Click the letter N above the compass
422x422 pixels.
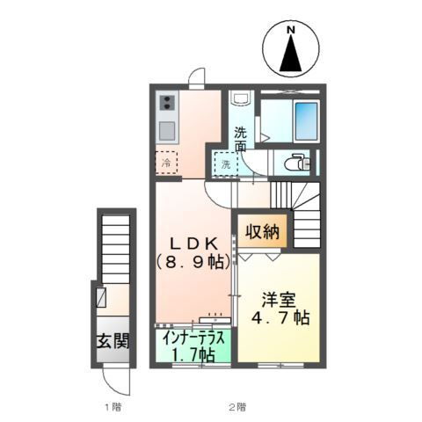click(290, 29)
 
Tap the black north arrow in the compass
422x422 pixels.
click(290, 54)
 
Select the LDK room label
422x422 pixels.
click(194, 244)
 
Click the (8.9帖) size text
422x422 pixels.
click(194, 262)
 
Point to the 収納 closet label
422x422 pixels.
click(262, 231)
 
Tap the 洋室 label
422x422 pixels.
click(279, 300)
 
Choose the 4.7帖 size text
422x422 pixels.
click(280, 317)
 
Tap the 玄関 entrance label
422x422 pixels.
click(113, 341)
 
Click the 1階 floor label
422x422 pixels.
click(113, 406)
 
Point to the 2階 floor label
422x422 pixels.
click(237, 406)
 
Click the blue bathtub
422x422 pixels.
click(306, 121)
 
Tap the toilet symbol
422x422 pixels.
click(296, 162)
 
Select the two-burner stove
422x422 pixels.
click(167, 103)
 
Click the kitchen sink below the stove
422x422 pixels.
click(167, 131)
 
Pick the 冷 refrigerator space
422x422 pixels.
click(166, 163)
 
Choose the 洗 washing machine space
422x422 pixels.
click(225, 164)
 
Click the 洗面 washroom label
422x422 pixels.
click(240, 139)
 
